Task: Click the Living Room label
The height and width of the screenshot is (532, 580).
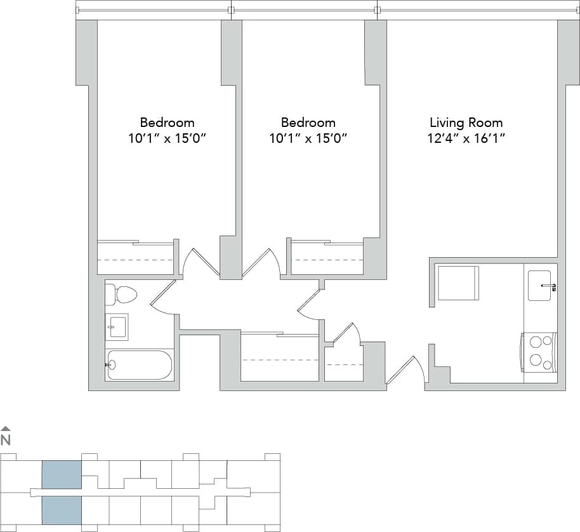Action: [466, 123]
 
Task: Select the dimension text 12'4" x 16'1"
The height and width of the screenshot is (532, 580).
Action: [466, 138]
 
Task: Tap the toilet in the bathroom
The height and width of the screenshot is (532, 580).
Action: [122, 295]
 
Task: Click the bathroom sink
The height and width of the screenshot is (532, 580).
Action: [117, 327]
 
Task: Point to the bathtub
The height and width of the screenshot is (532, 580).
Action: [140, 365]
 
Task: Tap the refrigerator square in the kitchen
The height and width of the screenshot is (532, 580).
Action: [458, 283]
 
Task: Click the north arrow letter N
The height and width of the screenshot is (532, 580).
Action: [6, 440]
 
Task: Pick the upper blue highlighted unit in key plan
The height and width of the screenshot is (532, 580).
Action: [62, 474]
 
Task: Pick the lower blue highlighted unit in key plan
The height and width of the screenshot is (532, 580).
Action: [62, 509]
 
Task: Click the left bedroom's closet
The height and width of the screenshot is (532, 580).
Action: [135, 258]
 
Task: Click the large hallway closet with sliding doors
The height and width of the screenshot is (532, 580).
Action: [279, 358]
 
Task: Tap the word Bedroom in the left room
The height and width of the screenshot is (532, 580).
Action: [167, 123]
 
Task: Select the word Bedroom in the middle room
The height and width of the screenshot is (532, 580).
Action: [308, 123]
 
